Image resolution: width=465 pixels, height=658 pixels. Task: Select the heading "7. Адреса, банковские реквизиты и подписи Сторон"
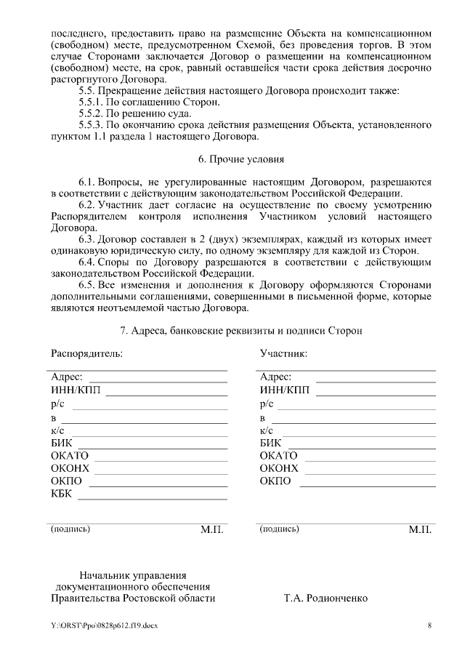point(240,330)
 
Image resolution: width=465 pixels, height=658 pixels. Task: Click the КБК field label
point(62,495)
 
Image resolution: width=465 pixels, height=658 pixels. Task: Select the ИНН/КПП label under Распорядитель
point(76,390)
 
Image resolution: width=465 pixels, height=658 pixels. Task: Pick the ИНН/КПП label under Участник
point(285,390)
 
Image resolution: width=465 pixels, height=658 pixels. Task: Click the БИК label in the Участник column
point(270,443)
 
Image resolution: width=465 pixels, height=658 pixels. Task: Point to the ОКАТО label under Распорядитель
point(69,456)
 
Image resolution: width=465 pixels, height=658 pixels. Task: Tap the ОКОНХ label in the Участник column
point(279,469)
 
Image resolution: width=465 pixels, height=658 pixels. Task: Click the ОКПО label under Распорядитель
point(66,482)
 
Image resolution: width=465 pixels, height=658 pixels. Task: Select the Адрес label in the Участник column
point(275,377)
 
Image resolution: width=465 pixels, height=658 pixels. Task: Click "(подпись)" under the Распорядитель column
point(70,529)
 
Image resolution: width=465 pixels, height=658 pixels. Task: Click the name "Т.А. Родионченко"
point(325,598)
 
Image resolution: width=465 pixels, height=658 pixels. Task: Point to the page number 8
point(429,625)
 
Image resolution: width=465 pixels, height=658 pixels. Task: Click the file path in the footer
point(104,625)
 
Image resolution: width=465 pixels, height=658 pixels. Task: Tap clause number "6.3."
point(86,239)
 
